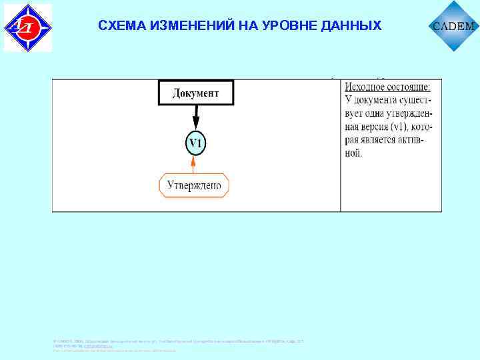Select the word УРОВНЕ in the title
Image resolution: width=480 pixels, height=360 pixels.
pyautogui.click(x=291, y=26)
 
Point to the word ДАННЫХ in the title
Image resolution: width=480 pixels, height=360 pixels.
pyautogui.click(x=351, y=26)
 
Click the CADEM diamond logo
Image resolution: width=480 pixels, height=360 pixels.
pyautogui.click(x=454, y=27)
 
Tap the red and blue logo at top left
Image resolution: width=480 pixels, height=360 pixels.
pyautogui.click(x=27, y=27)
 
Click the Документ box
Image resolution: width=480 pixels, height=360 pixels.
pyautogui.click(x=196, y=93)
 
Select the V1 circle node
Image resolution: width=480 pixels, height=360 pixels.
pyautogui.click(x=195, y=144)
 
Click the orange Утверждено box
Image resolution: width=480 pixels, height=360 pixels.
pyautogui.click(x=194, y=185)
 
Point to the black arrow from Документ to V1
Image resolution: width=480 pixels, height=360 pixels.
pyautogui.click(x=195, y=117)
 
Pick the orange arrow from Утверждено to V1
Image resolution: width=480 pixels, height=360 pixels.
pyautogui.click(x=193, y=165)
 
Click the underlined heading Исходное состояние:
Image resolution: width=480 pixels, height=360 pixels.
pyautogui.click(x=387, y=87)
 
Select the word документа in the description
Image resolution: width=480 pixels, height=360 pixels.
pyautogui.click(x=379, y=101)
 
